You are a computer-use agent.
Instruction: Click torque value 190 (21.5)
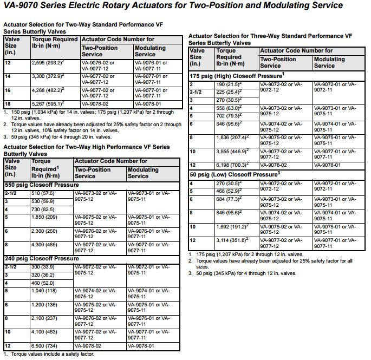[x=229, y=84]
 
